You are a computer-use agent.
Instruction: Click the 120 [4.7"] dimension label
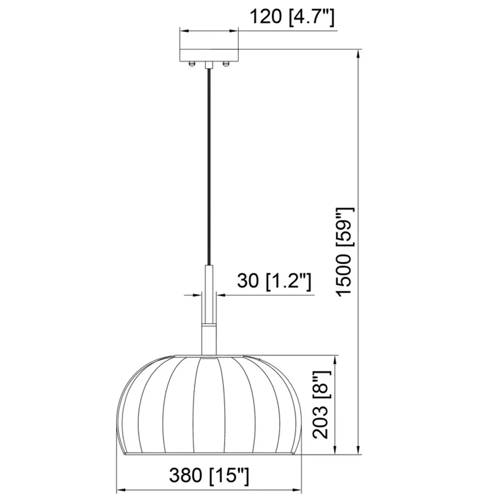coord(291,17)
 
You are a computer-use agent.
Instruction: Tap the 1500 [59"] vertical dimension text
coord(344,252)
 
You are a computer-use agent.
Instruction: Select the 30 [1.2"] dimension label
coord(274,281)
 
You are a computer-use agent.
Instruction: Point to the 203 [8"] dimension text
coord(321,405)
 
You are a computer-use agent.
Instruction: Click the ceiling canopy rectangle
coord(208,55)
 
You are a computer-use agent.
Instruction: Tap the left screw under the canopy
coord(192,64)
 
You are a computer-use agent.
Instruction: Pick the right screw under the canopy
coord(226,64)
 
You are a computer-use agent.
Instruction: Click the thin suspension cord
coord(209,167)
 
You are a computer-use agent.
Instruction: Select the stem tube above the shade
coord(209,310)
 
